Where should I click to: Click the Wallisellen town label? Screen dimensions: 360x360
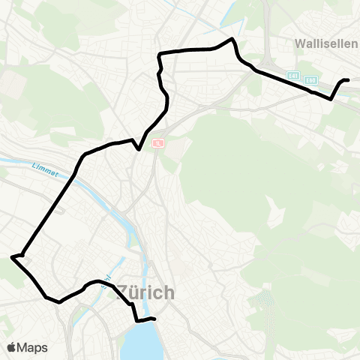pos(326,43)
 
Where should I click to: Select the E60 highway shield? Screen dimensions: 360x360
pos(312,78)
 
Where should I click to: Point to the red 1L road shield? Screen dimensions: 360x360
pos(157,142)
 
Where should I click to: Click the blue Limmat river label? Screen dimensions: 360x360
pos(46,166)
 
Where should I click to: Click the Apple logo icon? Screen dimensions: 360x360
pos(12,347)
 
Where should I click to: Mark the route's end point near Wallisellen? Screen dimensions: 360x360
pos(348,79)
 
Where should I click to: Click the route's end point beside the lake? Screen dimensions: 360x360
pos(154,319)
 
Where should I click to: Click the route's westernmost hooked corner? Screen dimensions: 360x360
pos(12,257)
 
